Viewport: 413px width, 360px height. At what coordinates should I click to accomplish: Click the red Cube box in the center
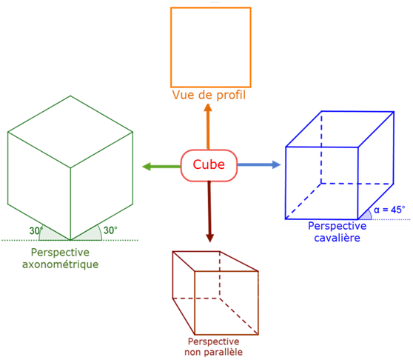(x=209, y=165)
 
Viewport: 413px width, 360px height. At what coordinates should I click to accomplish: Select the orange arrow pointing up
(x=208, y=127)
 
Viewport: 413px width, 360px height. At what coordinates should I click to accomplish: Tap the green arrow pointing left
(x=161, y=167)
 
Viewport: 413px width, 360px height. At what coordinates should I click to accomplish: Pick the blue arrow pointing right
(x=259, y=164)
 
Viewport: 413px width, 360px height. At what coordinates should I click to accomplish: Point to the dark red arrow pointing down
(x=209, y=211)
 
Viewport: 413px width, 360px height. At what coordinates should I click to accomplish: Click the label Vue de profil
(x=209, y=95)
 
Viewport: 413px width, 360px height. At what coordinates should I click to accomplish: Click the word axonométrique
(x=60, y=264)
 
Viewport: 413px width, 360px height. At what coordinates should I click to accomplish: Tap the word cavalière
(x=338, y=238)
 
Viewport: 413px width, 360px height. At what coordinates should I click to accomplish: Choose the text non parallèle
(x=213, y=352)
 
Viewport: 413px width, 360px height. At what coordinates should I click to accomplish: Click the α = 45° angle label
(x=389, y=210)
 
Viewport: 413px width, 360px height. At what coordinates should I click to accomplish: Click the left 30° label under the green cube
(x=36, y=231)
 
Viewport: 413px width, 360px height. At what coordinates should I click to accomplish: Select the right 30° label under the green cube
(x=110, y=230)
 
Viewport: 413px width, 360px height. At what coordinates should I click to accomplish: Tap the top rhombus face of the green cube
(x=70, y=132)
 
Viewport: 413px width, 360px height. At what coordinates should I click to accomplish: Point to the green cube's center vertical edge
(x=70, y=204)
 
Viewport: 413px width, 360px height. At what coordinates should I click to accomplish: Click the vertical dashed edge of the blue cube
(x=321, y=147)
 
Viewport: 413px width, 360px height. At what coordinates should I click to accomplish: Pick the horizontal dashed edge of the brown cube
(x=196, y=299)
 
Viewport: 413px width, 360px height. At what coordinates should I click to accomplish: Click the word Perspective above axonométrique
(x=60, y=253)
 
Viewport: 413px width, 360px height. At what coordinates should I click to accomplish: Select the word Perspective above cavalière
(x=338, y=226)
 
